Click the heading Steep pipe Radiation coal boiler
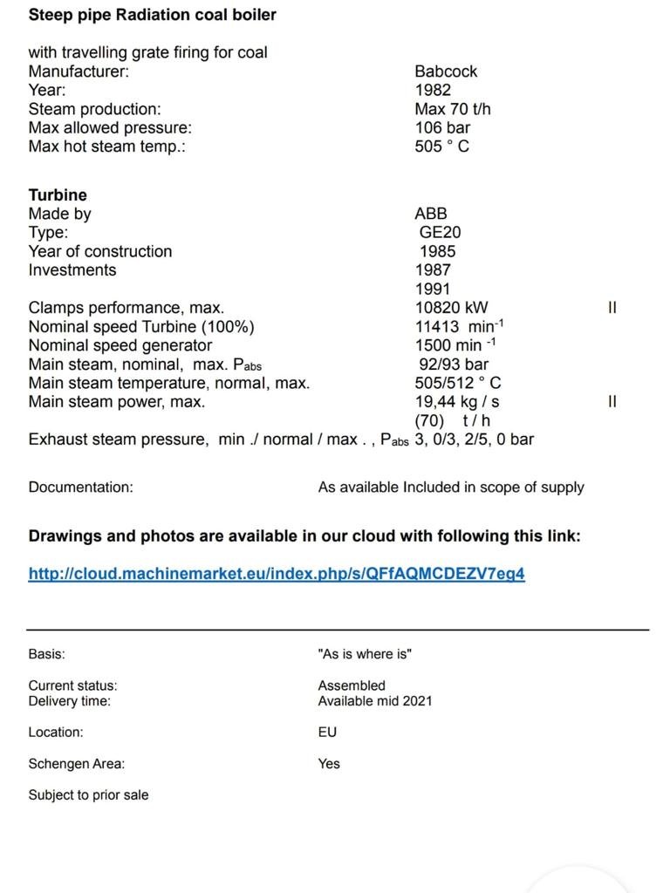pos(153,15)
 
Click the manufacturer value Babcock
pos(446,72)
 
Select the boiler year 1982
pos(433,90)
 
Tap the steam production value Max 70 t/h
pos(452,109)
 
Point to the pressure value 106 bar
pos(442,127)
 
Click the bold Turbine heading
pos(58,195)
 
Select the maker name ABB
pos(431,214)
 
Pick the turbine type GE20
pos(441,233)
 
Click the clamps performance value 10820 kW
pos(451,308)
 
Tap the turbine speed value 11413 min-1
pos(459,326)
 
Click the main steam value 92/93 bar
pos(454,365)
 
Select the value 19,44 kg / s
pos(456,402)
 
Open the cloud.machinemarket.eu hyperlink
pos(277,574)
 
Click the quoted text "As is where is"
pos(365,654)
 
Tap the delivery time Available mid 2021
pos(374,701)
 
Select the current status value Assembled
pos(352,685)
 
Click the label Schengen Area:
pos(77,764)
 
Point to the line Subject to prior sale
pos(88,795)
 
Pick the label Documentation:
pos(81,487)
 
